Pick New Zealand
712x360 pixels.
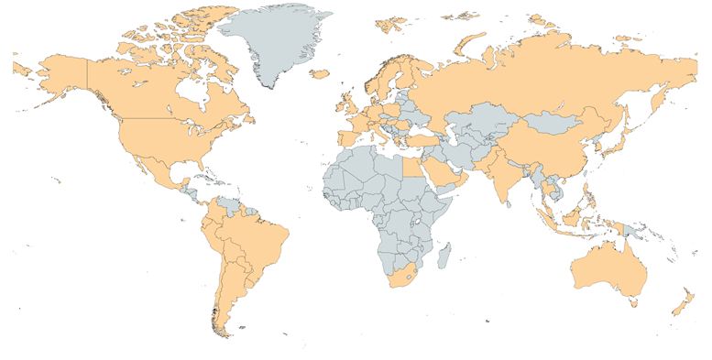(682, 299)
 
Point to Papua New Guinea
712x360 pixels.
(638, 229)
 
